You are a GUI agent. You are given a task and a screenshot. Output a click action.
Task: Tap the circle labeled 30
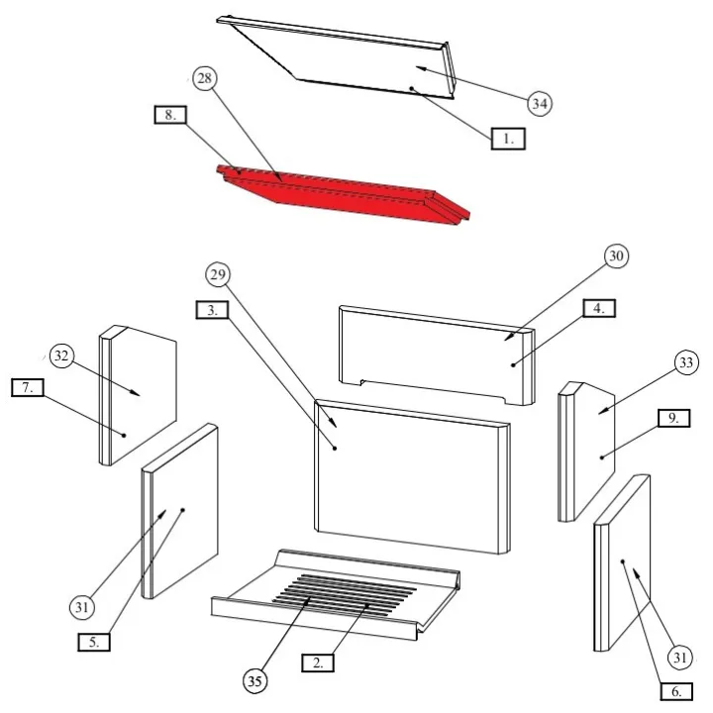(616, 257)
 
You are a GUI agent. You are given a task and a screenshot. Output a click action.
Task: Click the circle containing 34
(539, 103)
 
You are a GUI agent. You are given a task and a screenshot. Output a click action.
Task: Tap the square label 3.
(213, 310)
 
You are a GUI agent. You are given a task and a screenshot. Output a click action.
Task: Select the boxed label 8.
(170, 115)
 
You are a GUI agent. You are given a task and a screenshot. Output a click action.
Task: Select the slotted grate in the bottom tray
(342, 593)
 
